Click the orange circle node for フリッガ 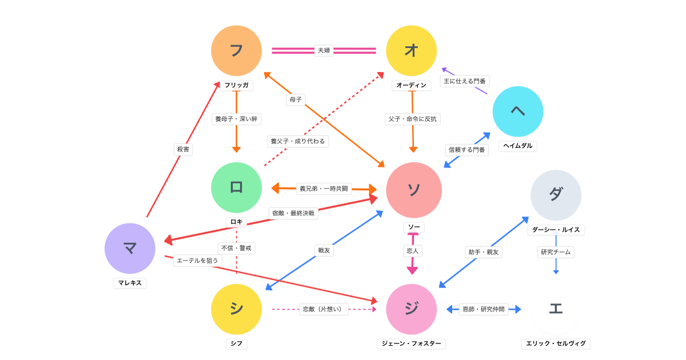point(236,51)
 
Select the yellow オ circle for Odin point(411,51)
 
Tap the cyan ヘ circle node point(517,111)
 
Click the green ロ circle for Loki point(236,187)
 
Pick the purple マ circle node point(130,248)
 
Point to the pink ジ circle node point(411,309)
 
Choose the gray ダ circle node point(556,195)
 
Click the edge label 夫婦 point(324,50)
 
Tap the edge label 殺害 point(183,149)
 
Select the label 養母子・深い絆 point(236,119)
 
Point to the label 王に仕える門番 point(465,81)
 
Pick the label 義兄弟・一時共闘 point(324,189)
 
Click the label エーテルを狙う point(197,261)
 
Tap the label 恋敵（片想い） point(324,309)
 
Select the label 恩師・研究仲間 point(483,309)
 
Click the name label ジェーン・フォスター point(411,343)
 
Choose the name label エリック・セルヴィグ point(556,343)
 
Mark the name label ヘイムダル point(517,146)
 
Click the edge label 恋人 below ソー point(412,251)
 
